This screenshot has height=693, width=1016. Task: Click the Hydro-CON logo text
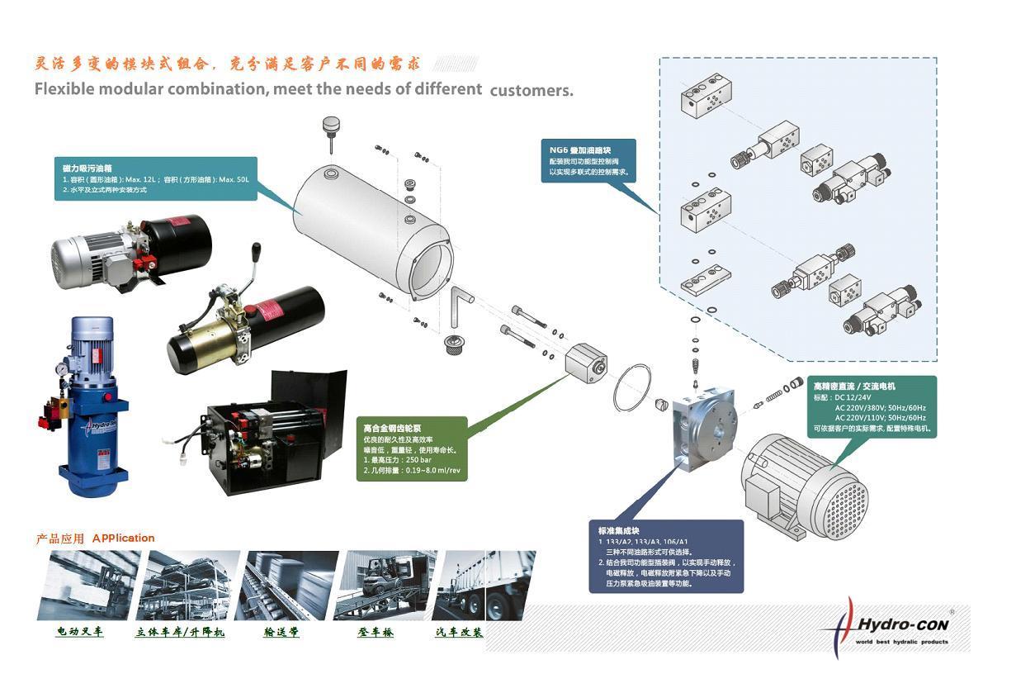point(905,625)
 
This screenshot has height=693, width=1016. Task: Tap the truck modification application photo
point(483,585)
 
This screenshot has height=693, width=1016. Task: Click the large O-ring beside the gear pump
point(632,388)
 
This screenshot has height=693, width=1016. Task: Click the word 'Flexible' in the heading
point(67,89)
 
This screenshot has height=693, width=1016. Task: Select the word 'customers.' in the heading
point(532,91)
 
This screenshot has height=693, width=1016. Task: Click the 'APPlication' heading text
point(124,538)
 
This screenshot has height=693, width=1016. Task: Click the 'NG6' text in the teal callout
point(559,150)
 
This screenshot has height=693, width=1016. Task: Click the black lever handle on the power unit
point(257,250)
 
